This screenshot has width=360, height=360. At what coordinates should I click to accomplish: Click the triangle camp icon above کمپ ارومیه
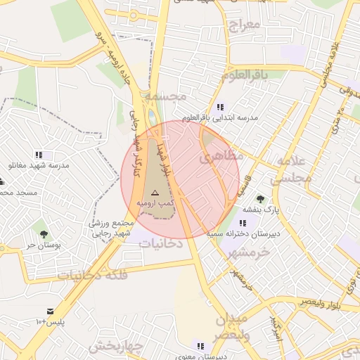coord(155,191)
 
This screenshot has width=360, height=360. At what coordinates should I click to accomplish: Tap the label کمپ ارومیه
coord(155,202)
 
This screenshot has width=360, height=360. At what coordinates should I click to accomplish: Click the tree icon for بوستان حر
coord(44,234)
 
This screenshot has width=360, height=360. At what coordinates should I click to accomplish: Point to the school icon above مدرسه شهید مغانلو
coord(39,155)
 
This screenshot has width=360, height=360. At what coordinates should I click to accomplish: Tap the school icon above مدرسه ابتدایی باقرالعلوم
coord(221,108)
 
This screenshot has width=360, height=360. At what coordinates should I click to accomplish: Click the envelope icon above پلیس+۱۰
coord(50,311)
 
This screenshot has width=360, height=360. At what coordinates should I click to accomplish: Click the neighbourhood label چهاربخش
coord(116,347)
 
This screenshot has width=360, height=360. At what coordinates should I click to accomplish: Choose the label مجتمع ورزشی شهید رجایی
coord(112,228)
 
